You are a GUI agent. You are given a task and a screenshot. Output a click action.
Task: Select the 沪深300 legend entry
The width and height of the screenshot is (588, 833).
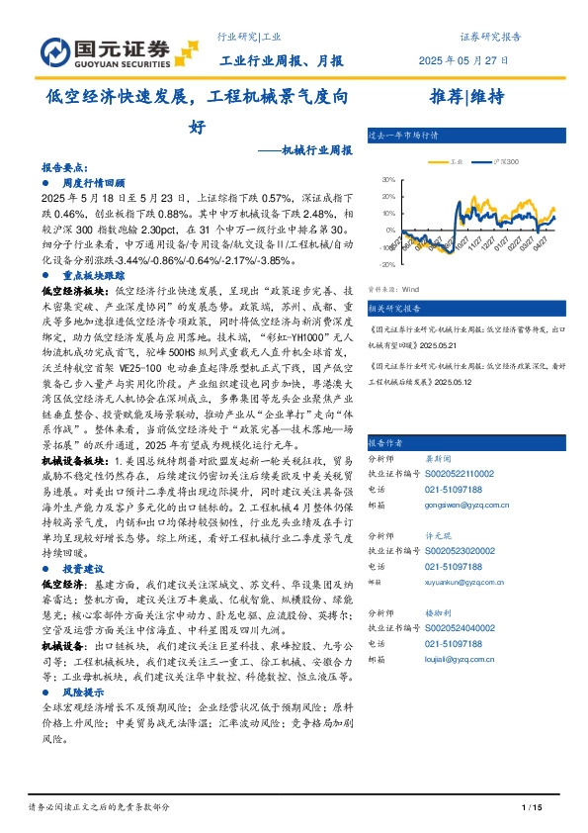point(502,160)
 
